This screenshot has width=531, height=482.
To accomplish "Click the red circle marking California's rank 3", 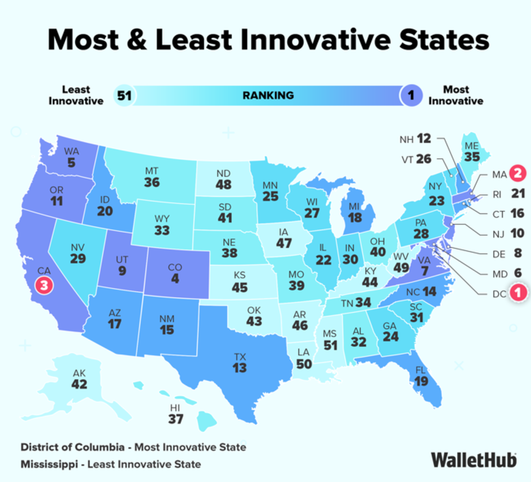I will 44,285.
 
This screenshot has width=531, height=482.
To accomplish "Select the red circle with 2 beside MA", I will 518,174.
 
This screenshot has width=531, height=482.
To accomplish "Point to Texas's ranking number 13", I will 240,368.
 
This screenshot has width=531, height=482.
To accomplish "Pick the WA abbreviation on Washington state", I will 72,151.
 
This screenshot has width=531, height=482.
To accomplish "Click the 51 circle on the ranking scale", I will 124,95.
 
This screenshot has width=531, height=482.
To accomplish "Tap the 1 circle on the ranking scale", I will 411,95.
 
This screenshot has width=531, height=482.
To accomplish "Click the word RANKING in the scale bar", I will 268,95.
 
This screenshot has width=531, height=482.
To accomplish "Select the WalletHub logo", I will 473,459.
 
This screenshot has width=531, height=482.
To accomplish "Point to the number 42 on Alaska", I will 79,384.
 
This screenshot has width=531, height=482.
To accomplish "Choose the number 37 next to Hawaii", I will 175,419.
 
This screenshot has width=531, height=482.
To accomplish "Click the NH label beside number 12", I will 406,139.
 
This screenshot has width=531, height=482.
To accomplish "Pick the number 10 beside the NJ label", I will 517,234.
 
